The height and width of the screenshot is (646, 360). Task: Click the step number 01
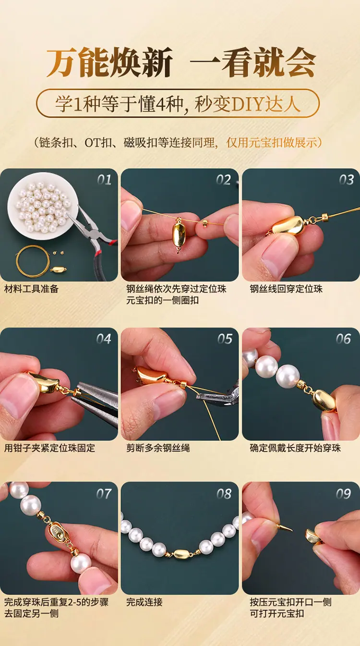[x=104, y=180]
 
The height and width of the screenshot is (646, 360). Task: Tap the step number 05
[x=225, y=339]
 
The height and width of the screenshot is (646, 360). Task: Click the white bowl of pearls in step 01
[x=43, y=206]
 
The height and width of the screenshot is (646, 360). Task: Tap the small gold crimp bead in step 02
[x=205, y=223]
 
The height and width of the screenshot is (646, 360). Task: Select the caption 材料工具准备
[x=31, y=289]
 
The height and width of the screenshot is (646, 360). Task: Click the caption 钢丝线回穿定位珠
[x=286, y=289]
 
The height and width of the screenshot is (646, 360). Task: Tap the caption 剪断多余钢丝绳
[x=158, y=448]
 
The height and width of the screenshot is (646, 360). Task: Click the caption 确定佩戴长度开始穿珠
[x=295, y=448]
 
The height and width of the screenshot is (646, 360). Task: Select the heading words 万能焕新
[x=109, y=62]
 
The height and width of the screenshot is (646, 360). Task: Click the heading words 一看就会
[x=253, y=62]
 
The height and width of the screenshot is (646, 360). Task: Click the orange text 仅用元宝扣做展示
[x=272, y=142]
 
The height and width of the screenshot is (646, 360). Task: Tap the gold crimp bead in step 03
[x=325, y=216]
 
